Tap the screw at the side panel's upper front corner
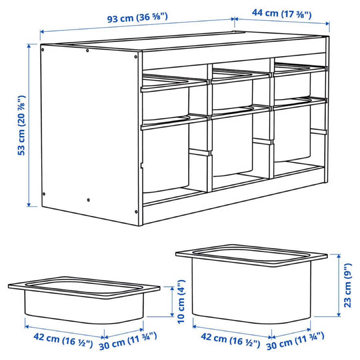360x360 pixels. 136,57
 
